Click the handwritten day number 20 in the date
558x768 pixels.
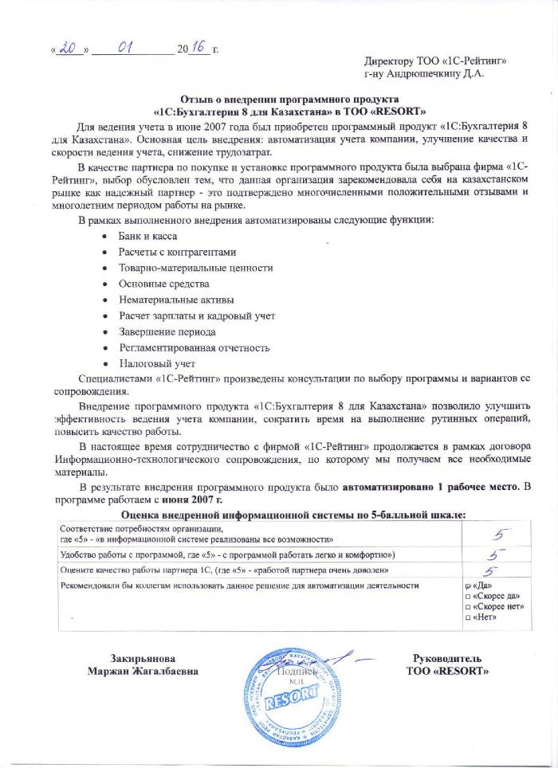coord(69,49)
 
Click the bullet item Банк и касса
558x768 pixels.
coord(147,235)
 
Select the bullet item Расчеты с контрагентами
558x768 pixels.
coord(177,251)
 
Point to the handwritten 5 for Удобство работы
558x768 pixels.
coord(494,554)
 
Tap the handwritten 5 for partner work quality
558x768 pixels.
coord(492,570)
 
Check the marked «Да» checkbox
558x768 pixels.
coord(468,586)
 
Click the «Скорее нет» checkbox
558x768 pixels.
coord(468,606)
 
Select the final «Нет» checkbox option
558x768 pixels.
coord(468,617)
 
